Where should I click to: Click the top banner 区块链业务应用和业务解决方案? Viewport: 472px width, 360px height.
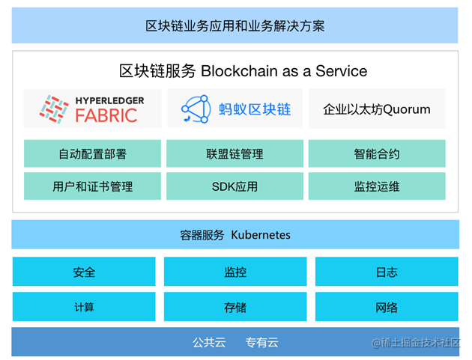pos(235,26)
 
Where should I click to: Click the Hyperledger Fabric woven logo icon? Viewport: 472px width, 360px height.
pos(54,109)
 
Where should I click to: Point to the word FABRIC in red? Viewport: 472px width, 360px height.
pos(106,115)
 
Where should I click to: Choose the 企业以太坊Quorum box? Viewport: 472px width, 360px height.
pos(377,109)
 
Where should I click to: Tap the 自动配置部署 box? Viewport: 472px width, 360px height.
pos(92,154)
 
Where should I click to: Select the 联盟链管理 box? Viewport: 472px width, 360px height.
pos(235,154)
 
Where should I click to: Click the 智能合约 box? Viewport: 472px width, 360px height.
pos(377,154)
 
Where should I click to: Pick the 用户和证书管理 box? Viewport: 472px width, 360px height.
pos(92,186)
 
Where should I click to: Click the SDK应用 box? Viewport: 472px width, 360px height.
pos(235,186)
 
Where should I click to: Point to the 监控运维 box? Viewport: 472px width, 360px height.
pos(377,186)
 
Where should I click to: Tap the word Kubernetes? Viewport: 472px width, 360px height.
pos(260,235)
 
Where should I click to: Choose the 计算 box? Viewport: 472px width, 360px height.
pos(84,307)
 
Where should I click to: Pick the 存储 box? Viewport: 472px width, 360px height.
pos(235,307)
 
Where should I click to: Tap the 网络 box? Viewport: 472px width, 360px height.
pos(387,307)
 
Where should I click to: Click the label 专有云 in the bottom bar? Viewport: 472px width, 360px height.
pos(261,343)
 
